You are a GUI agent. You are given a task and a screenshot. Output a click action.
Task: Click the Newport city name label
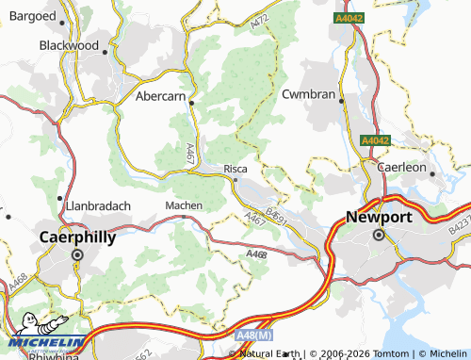coord(379,216)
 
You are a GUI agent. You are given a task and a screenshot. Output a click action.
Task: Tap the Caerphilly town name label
coord(77,237)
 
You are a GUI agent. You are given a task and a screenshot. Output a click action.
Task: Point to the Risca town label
coord(235,169)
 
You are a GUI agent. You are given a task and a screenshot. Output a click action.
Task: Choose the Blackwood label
coord(69,44)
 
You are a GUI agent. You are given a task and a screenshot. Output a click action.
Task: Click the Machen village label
coord(183,205)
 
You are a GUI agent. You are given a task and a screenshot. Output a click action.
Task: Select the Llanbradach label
coord(98,205)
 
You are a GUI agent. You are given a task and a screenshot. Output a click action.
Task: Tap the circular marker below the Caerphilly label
coord(78,255)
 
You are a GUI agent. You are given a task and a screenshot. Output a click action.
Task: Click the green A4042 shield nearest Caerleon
coord(375,140)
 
